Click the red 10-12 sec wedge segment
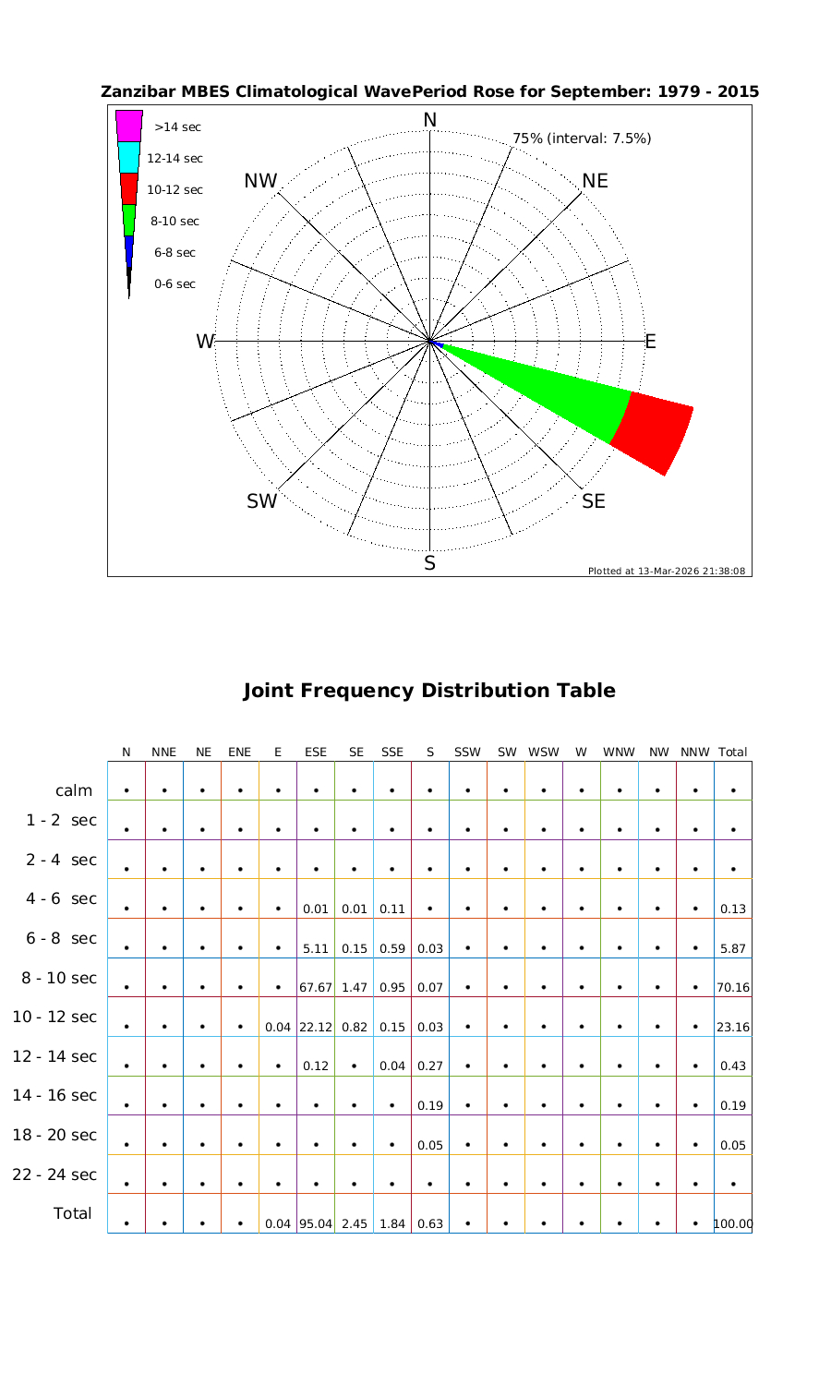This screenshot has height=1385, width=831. coord(654,432)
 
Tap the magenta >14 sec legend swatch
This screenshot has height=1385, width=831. coord(129,126)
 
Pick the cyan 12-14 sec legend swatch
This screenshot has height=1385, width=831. coord(129,157)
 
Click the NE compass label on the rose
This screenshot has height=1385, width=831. coord(596,181)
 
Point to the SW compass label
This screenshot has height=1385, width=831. coord(262,501)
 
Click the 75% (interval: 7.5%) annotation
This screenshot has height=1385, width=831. coord(582,138)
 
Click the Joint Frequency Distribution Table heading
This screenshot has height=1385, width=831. coord(428,691)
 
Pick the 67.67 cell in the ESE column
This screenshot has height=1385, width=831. coord(316,987)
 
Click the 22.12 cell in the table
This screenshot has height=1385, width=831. coord(316,1027)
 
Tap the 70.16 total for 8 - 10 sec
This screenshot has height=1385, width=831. coord(732,987)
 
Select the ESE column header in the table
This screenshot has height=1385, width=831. coord(316,753)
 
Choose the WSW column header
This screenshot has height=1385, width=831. coord(544,753)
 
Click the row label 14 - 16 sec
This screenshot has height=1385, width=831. coord(54,1095)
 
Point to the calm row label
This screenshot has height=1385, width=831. coord(74,790)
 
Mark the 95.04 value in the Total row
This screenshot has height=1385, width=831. coord(316,1224)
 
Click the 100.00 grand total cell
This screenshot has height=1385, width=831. coord(733,1224)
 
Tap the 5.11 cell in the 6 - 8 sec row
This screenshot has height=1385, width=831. coord(316,948)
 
